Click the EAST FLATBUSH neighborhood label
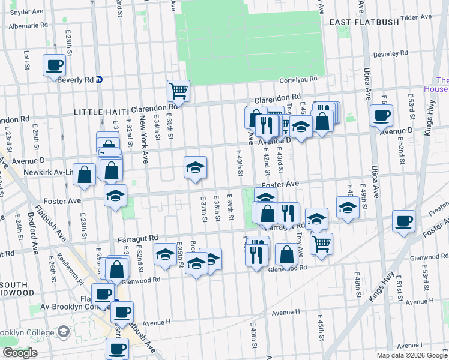pyautogui.click(x=361, y=22)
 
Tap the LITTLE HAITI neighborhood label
pyautogui.click(x=98, y=112)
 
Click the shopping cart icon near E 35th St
pyautogui.click(x=178, y=91)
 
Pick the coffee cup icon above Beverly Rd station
pyautogui.click(x=54, y=64)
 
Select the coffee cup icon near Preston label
pyautogui.click(x=403, y=221)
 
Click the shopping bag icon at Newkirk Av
pyautogui.click(x=85, y=174)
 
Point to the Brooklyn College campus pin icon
pyautogui.click(x=63, y=332)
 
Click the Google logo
pyautogui.click(x=19, y=353)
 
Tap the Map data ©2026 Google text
pyautogui.click(x=412, y=355)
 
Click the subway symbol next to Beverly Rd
pyautogui.click(x=100, y=79)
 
